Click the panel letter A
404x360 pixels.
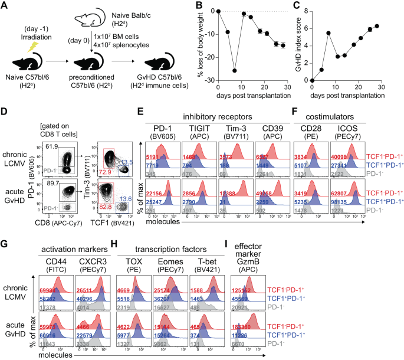(x=5, y=6)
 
